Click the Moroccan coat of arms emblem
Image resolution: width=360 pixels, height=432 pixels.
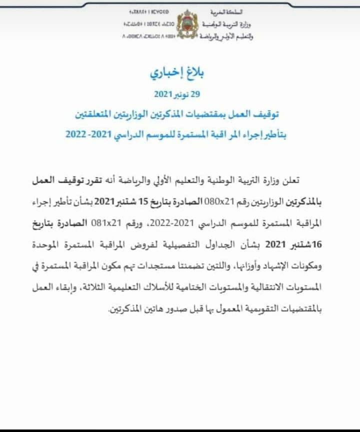tap(188, 23)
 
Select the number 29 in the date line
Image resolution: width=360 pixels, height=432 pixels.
tap(192, 94)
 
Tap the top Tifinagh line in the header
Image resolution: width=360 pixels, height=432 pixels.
tap(147, 11)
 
